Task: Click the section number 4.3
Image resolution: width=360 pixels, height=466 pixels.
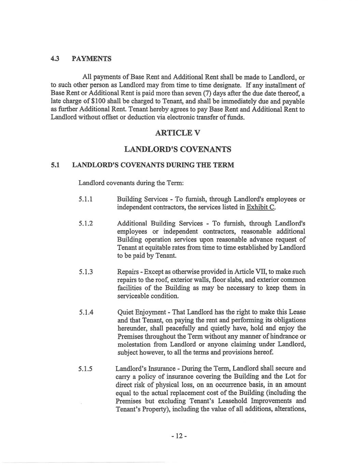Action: [55, 59]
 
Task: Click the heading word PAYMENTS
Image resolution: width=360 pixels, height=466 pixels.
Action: [92, 59]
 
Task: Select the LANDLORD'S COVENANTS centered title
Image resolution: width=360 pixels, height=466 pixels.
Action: [177, 149]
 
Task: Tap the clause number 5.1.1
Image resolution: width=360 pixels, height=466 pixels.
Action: [86, 199]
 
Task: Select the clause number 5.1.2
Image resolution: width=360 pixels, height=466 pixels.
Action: [86, 224]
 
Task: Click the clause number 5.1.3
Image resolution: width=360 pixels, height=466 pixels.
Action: [86, 272]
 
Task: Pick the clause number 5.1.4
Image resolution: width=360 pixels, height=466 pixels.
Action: [86, 312]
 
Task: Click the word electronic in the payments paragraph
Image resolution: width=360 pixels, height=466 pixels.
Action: [190, 118]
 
